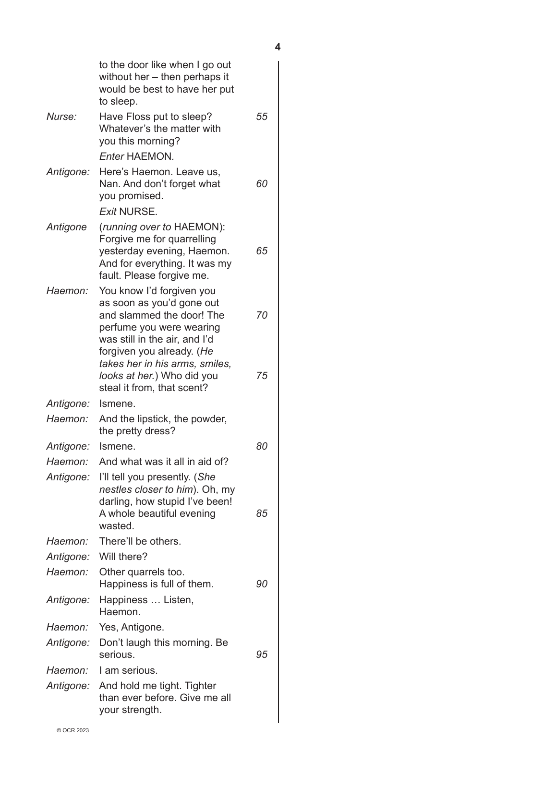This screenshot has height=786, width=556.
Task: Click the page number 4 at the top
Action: pos(278,47)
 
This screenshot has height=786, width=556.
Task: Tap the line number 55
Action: pos(262,117)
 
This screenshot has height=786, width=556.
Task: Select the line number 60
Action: pos(262,184)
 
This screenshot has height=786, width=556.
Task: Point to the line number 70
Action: pos(262,315)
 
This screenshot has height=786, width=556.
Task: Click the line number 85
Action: pos(262,513)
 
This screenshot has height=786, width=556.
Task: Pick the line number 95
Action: pos(262,655)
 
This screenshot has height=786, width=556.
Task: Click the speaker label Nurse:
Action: pos(61,117)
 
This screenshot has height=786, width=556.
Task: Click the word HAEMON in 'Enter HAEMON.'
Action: pos(149,156)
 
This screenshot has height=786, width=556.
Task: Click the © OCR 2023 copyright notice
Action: pos(73,731)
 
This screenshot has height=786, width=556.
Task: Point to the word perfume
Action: pos(118,327)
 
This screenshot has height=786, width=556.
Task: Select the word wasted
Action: pos(116,526)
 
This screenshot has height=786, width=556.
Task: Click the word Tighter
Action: pos(200,686)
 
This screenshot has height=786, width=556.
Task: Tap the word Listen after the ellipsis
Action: pos(179,600)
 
